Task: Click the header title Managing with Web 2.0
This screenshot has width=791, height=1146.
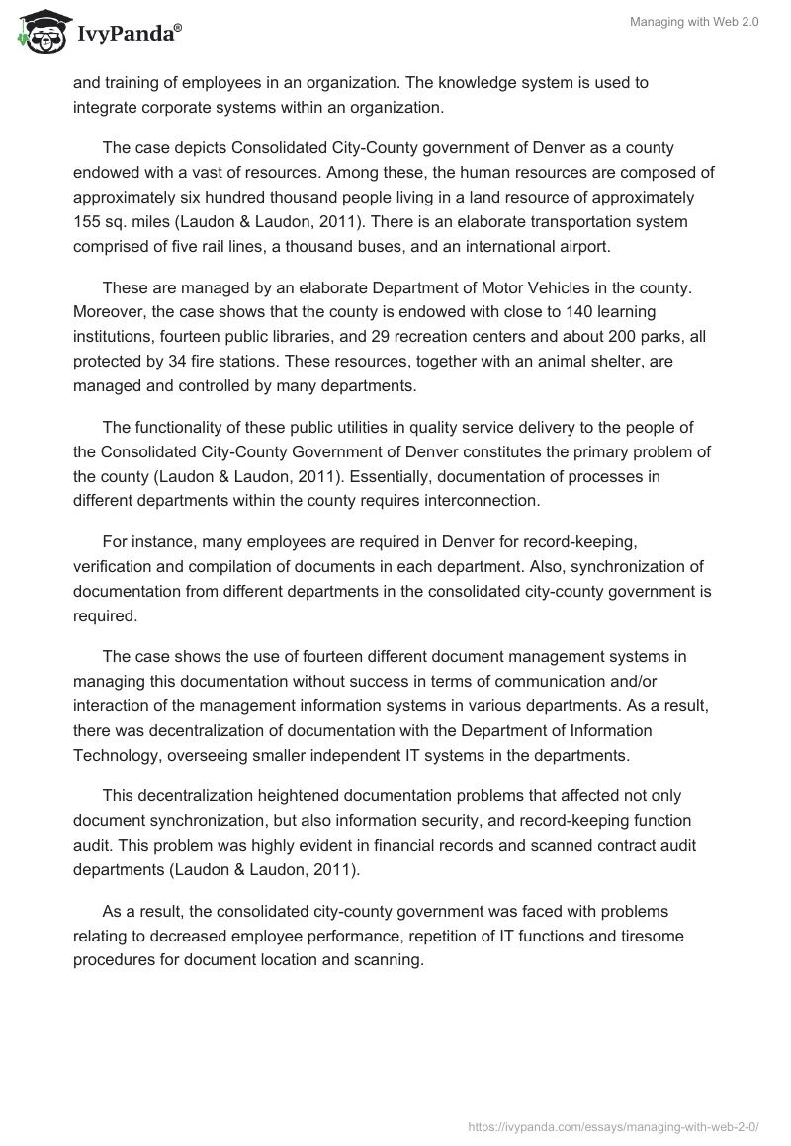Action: click(x=693, y=22)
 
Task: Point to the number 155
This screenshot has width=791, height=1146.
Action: click(x=88, y=222)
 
